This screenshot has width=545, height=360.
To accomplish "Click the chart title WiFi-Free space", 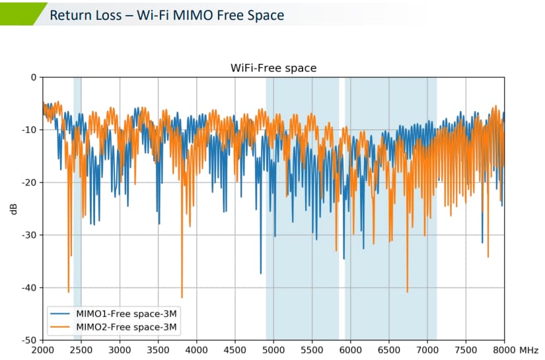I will point(273,68).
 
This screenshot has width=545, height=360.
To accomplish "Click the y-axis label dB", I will point(13,209).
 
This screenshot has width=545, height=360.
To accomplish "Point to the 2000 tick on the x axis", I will point(42,349).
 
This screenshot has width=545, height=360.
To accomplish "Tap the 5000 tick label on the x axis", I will point(273,349).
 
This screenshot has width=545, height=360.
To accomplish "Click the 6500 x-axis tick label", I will point(389,349).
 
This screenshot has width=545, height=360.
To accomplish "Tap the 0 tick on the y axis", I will point(32,77).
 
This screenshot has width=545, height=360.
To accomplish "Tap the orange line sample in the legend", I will point(61,326).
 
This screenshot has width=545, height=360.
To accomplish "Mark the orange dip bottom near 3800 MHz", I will point(182,297).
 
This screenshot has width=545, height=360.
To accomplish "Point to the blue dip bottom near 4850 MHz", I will point(261,273).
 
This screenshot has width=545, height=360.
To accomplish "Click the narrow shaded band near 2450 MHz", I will point(77,198).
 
